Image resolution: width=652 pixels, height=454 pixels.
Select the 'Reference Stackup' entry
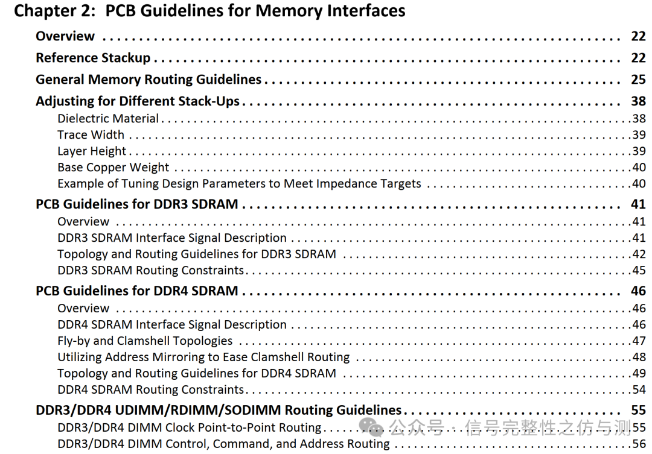click(x=92, y=58)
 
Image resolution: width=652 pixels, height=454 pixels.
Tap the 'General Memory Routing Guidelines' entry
click(x=149, y=80)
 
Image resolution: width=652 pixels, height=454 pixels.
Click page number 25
click(x=638, y=80)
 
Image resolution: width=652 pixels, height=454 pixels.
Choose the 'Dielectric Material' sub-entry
click(x=108, y=119)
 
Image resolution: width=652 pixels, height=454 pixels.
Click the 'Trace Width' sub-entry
click(x=91, y=135)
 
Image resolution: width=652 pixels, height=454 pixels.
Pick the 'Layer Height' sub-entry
click(x=92, y=151)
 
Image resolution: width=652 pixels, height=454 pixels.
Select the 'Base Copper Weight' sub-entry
click(x=113, y=168)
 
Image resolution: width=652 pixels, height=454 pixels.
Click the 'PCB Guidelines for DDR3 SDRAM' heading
click(x=137, y=204)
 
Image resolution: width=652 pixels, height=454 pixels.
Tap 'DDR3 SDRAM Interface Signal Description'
click(x=172, y=238)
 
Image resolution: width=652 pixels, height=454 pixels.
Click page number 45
click(x=639, y=271)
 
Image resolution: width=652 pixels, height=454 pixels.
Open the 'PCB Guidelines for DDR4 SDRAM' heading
click(x=137, y=291)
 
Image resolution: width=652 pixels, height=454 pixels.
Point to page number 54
click(x=639, y=390)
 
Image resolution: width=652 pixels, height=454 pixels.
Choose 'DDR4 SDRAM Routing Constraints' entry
click(x=151, y=390)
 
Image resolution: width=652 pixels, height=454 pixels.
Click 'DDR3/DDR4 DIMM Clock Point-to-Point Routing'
click(x=190, y=428)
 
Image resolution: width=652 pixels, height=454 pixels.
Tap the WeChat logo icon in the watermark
click(x=371, y=427)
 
